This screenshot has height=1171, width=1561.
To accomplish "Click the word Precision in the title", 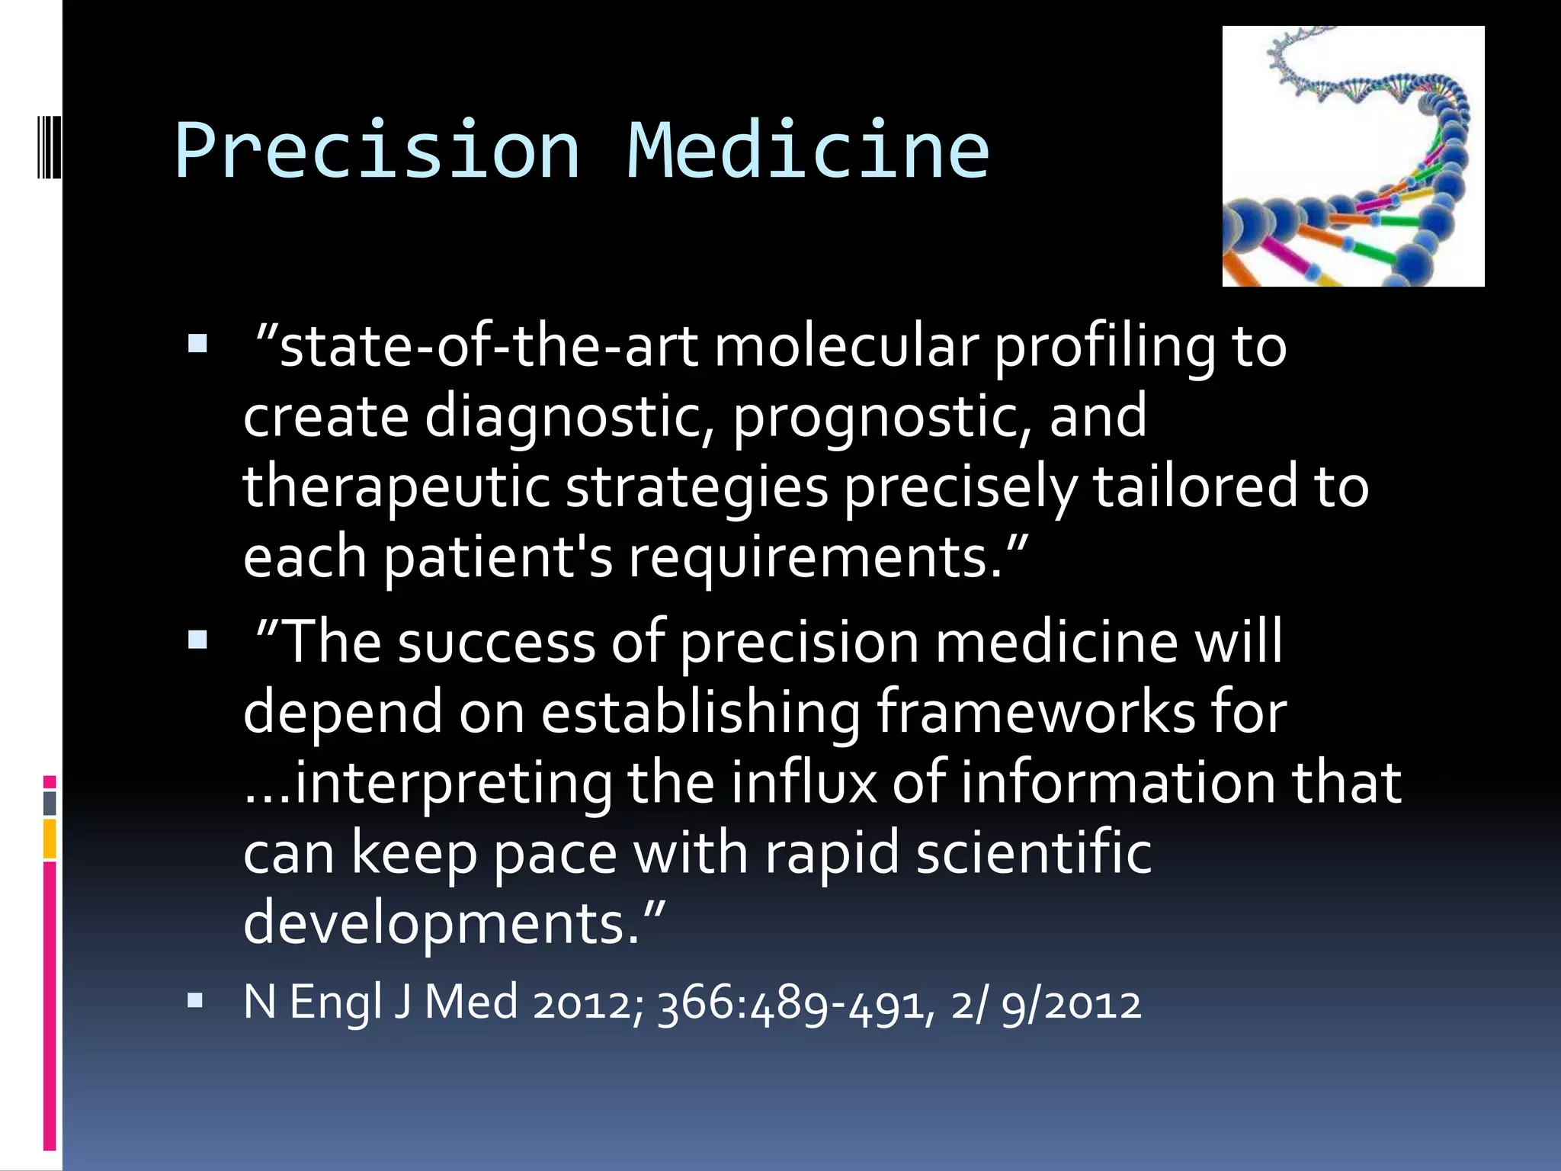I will click(x=377, y=150).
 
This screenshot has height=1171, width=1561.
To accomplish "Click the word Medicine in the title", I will click(x=808, y=150).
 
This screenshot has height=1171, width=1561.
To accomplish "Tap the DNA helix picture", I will click(x=1353, y=156).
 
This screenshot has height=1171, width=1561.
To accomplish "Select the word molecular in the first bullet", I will click(x=846, y=347).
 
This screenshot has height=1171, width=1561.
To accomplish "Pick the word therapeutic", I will click(x=396, y=488).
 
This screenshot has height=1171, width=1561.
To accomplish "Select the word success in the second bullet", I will click(x=495, y=642).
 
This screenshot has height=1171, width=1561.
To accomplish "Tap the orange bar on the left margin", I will click(x=50, y=839).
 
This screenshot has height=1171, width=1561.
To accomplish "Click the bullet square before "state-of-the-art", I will click(x=197, y=344).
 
